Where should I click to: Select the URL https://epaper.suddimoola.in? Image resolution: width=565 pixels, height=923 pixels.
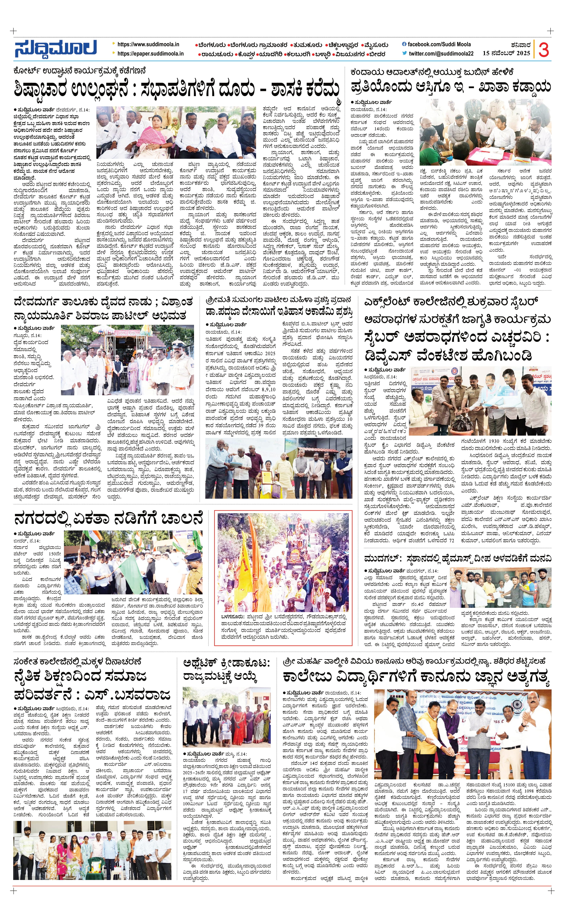150,53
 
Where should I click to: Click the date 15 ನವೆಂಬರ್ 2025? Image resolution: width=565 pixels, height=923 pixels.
506,53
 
